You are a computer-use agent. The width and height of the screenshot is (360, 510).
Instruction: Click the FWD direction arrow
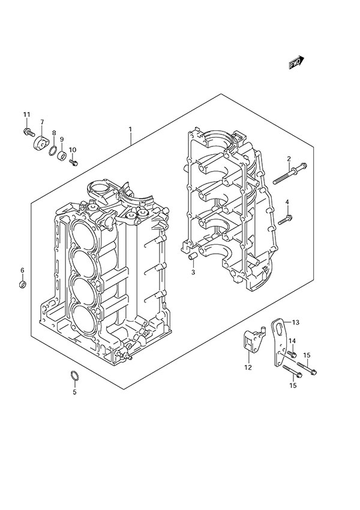(297, 62)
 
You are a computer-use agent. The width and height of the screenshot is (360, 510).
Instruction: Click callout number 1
(130, 130)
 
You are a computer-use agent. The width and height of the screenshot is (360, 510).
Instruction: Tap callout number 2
(289, 159)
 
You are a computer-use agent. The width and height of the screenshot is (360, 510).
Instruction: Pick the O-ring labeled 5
(75, 377)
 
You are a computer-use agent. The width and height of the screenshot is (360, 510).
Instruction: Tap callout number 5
(75, 392)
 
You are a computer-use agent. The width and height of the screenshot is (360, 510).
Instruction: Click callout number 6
(22, 269)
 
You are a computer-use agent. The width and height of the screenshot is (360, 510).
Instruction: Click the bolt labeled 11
(28, 130)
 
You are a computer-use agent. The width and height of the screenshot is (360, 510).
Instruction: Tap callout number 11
(26, 115)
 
